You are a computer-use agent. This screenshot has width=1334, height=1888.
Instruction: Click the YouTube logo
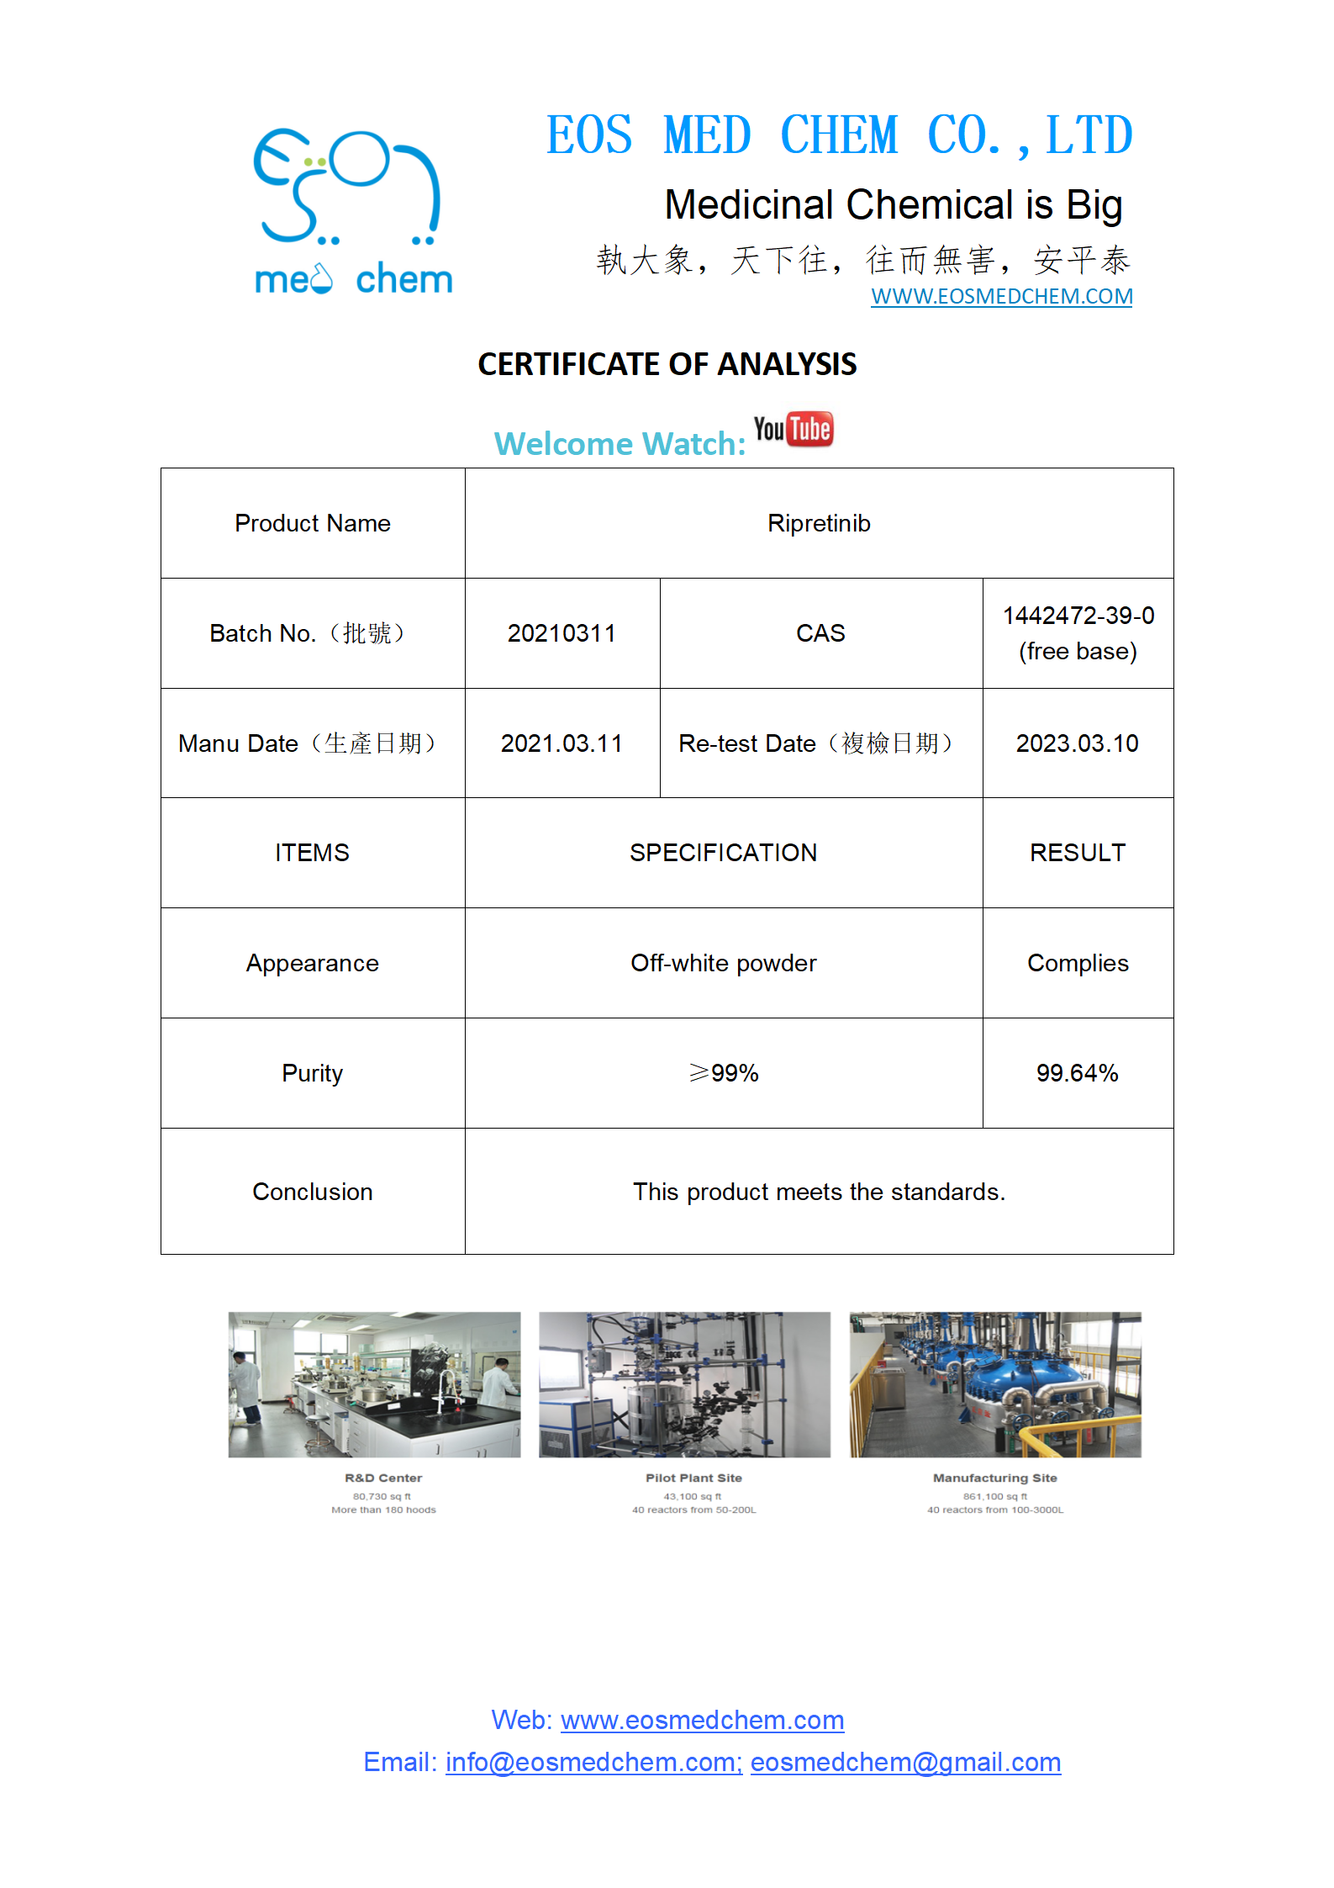pos(793,429)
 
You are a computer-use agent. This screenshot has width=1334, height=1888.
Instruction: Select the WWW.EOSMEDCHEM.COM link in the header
pos(1001,297)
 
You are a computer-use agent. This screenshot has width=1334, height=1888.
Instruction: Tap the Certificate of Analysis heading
pos(667,364)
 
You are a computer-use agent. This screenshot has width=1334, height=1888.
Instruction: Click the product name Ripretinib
pos(819,523)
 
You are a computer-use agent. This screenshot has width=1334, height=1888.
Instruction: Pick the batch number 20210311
pos(562,633)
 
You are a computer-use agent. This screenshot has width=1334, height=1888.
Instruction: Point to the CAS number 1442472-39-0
pos(1078,616)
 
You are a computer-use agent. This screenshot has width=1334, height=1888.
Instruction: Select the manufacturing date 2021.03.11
pos(562,743)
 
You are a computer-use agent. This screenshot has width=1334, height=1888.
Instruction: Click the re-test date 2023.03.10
pos(1077,743)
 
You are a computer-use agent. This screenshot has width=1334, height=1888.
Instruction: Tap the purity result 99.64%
pos(1077,1073)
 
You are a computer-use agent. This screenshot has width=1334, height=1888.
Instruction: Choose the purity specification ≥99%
pos(723,1073)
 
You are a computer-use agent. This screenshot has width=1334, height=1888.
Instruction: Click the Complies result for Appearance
pos(1078,963)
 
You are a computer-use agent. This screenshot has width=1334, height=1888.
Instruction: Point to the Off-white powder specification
pos(723,963)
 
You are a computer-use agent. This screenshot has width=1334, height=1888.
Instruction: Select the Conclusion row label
pos(312,1192)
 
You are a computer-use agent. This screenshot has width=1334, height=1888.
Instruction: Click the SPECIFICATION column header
pos(723,853)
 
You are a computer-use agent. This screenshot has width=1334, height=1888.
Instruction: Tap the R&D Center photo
pos(374,1384)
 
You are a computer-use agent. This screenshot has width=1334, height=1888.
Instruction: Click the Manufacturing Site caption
pos(994,1478)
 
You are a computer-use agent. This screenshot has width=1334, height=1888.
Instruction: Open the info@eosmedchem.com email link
pos(593,1762)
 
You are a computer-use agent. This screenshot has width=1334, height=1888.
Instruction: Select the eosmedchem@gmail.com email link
pos(905,1762)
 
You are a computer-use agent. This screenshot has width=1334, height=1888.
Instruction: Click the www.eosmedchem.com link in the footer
pos(702,1720)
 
